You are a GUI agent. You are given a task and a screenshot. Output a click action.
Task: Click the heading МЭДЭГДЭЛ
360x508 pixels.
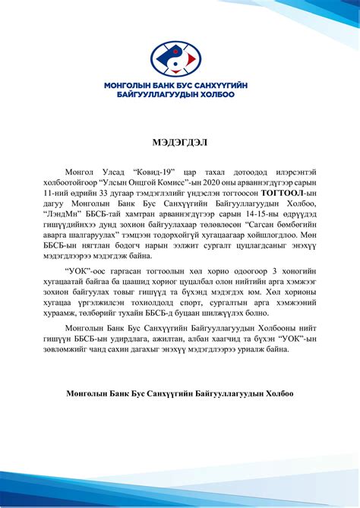point(179,142)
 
